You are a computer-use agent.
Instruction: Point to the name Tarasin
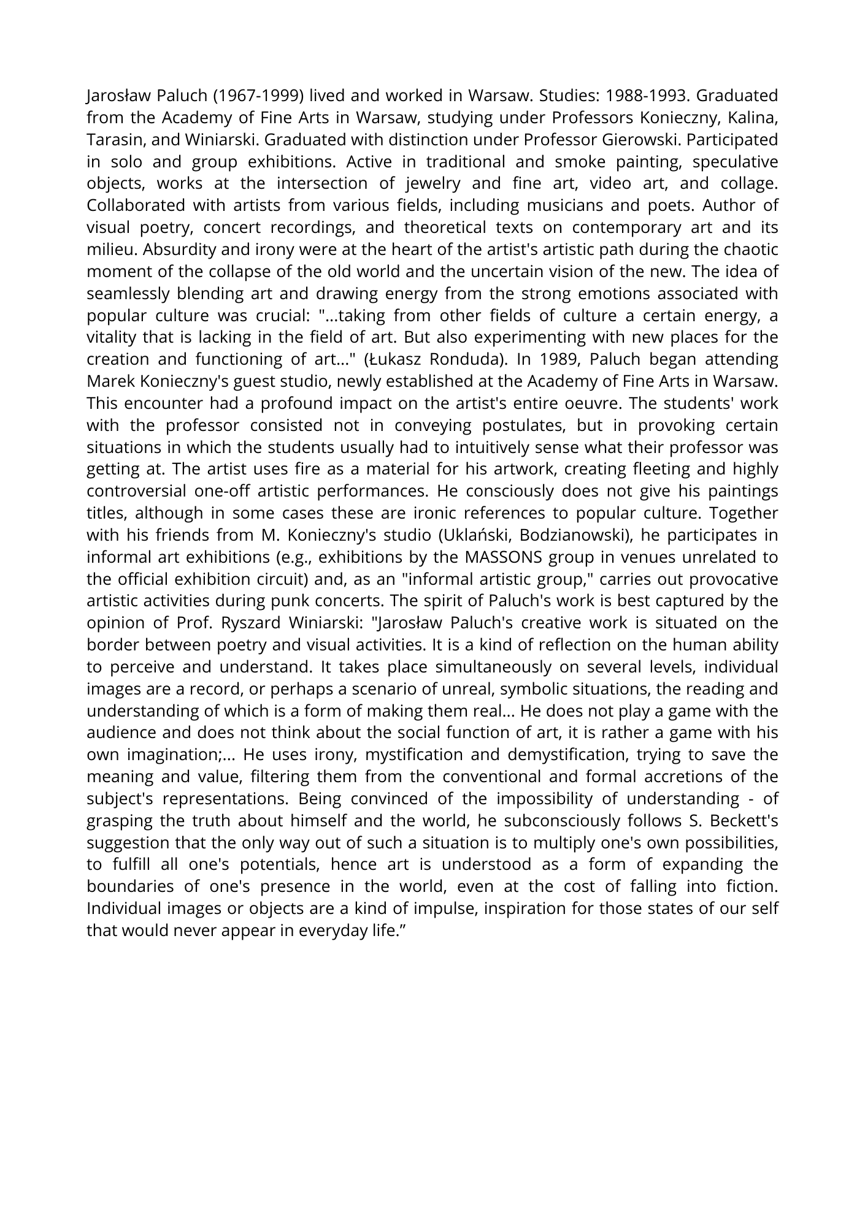(x=115, y=140)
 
